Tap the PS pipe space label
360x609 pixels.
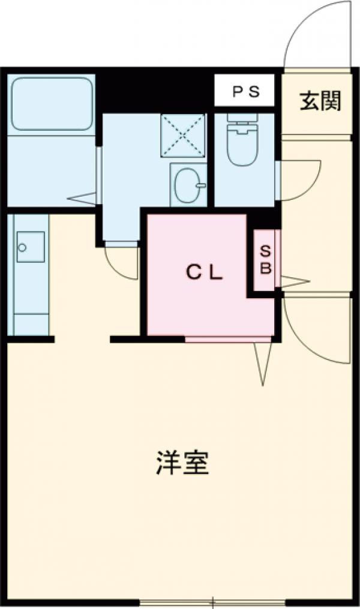point(245,92)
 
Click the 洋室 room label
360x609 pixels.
point(183,463)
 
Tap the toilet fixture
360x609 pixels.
point(243,140)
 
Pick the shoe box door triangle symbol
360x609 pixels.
point(294,280)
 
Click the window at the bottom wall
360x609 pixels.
point(213,603)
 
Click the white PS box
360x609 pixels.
point(245,92)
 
